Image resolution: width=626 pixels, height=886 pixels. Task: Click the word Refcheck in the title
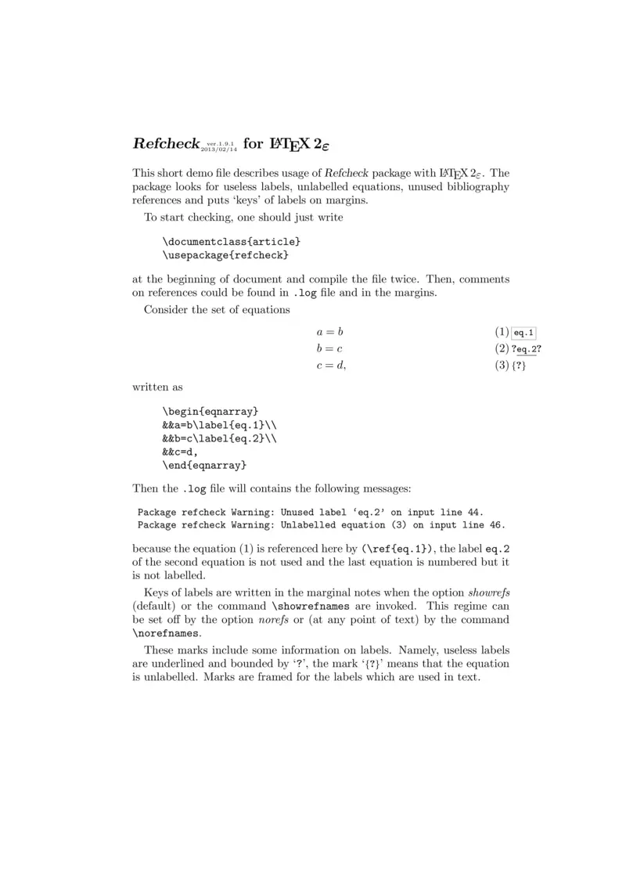coord(166,144)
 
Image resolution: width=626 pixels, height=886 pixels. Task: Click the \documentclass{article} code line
coord(232,242)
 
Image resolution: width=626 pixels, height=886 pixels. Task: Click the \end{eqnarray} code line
coord(204,466)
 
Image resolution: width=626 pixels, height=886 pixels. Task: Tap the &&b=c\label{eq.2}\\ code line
coord(219,438)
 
